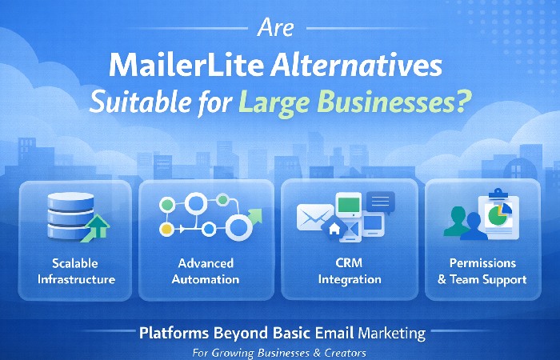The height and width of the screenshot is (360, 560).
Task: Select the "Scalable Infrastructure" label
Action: [74, 271]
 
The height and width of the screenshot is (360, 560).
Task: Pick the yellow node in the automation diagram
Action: [165, 229]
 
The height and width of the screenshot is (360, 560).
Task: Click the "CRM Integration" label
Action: [349, 271]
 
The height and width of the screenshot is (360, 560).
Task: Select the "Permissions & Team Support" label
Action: [489, 271]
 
